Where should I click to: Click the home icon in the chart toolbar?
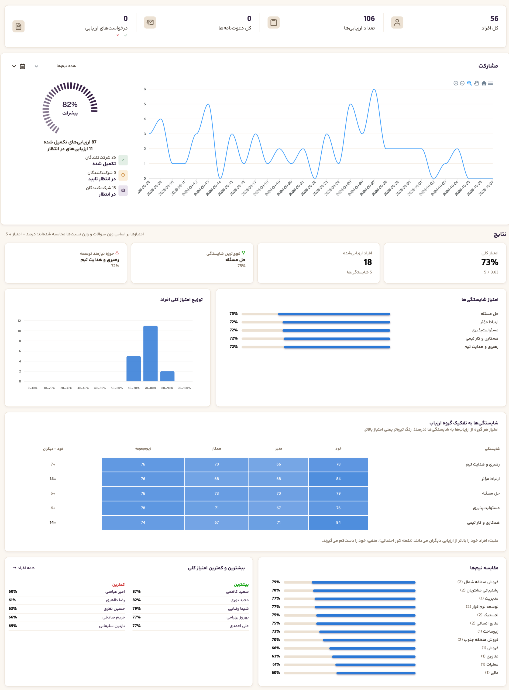tap(484, 83)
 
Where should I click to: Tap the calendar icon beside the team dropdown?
tap(22, 66)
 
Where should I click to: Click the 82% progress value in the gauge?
tap(70, 104)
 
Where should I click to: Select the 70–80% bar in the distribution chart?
tap(150, 353)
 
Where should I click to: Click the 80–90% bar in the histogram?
tap(167, 376)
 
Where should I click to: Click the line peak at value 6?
tap(374, 89)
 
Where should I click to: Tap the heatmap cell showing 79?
tap(338, 494)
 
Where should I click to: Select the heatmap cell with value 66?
tap(278, 464)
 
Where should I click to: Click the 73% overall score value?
tap(490, 262)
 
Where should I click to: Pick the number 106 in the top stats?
tap(369, 19)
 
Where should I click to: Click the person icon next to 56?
tap(397, 22)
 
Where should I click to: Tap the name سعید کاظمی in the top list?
tap(237, 591)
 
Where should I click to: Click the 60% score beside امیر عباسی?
tap(13, 591)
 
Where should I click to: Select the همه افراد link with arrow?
tap(23, 568)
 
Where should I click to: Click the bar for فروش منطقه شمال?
tap(364, 582)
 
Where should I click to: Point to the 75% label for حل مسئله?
tap(233, 313)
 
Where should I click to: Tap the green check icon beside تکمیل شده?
tap(123, 160)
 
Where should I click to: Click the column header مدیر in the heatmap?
tap(278, 448)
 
